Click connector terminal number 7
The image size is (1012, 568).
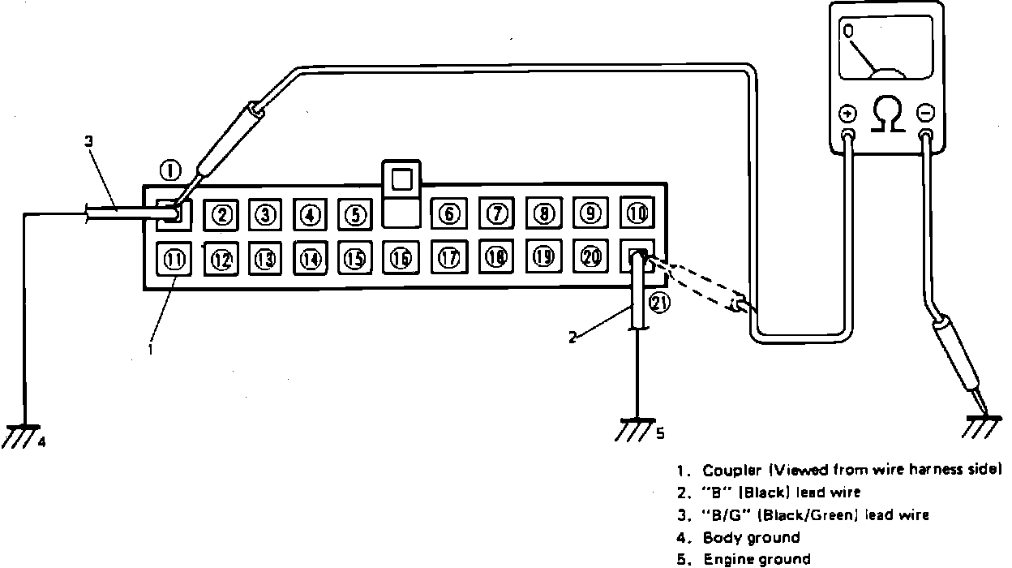pyautogui.click(x=495, y=214)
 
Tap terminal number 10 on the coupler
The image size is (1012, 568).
pyautogui.click(x=637, y=213)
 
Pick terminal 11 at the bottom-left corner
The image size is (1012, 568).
pyautogui.click(x=174, y=260)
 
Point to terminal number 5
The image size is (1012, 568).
pyautogui.click(x=354, y=215)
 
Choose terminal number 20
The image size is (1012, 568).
pyautogui.click(x=591, y=256)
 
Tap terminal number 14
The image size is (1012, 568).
pyautogui.click(x=310, y=259)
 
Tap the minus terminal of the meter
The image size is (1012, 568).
pyautogui.click(x=926, y=113)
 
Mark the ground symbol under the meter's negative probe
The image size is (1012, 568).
pyautogui.click(x=983, y=427)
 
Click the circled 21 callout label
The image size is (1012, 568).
pyautogui.click(x=659, y=303)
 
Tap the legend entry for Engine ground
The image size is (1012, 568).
pyautogui.click(x=756, y=558)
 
